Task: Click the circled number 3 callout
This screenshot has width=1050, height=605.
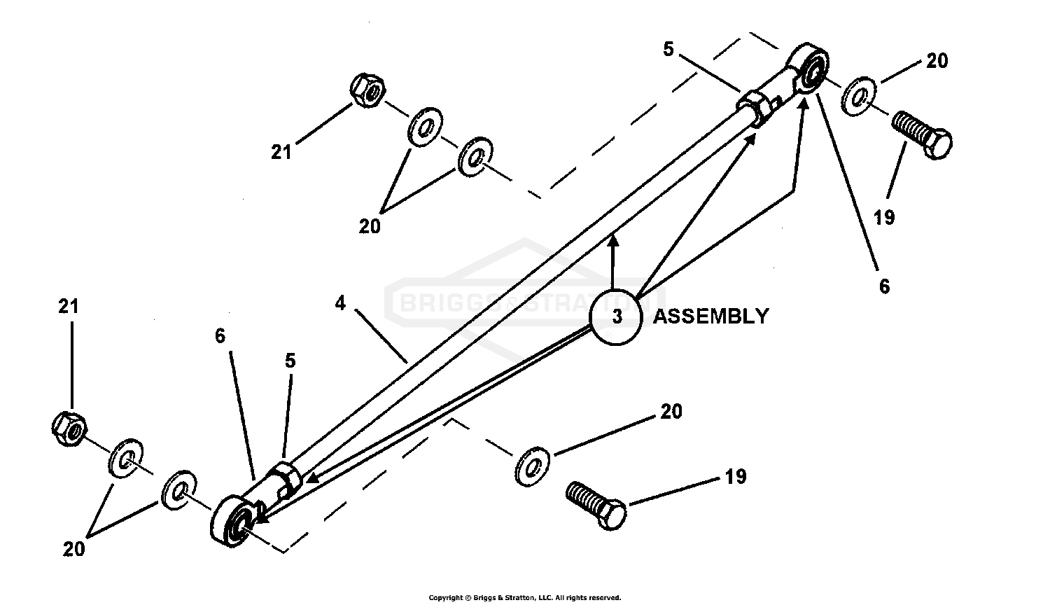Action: point(616,317)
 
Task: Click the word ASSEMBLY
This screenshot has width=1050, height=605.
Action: point(710,317)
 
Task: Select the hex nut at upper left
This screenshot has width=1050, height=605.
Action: point(367,91)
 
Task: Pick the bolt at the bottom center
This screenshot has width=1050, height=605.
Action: point(595,505)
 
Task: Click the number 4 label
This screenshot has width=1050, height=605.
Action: point(341,303)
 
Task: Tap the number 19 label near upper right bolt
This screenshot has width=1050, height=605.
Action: point(884,218)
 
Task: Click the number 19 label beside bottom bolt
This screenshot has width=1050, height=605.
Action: point(735,477)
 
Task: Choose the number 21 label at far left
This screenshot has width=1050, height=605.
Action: point(69,306)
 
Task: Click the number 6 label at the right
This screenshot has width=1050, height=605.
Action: point(884,286)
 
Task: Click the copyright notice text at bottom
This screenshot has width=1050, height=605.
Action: point(524,597)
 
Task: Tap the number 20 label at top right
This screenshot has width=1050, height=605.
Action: point(937,61)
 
